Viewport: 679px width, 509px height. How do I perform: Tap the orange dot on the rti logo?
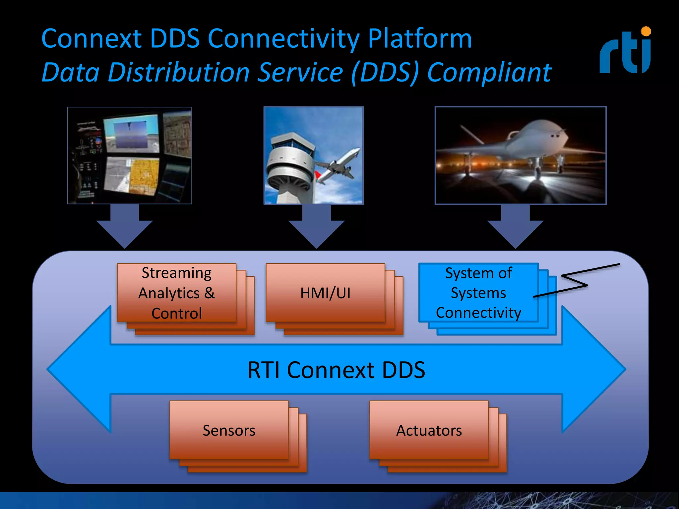pyautogui.click(x=646, y=31)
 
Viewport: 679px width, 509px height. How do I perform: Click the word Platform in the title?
pyautogui.click(x=419, y=39)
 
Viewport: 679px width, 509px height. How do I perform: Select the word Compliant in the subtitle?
pyautogui.click(x=489, y=72)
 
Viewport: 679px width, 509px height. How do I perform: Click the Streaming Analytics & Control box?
pyautogui.click(x=177, y=293)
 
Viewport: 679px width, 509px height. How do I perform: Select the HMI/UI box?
pyautogui.click(x=325, y=293)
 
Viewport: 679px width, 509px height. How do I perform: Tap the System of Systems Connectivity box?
pyautogui.click(x=478, y=293)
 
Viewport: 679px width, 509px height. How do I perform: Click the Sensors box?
pyautogui.click(x=229, y=430)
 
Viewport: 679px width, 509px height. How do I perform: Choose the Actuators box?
pyautogui.click(x=429, y=430)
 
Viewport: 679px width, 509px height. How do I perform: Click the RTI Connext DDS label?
pyautogui.click(x=336, y=370)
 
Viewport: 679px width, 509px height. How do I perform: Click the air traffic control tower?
pyautogui.click(x=290, y=166)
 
